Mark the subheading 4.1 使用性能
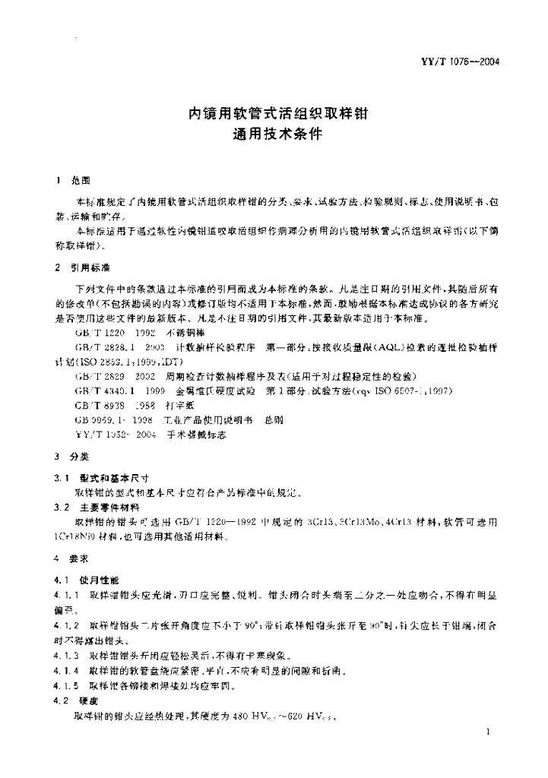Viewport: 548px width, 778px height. [x=93, y=579]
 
